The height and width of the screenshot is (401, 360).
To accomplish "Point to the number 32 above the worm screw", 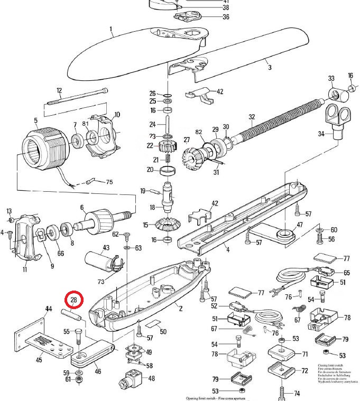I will pos(252,117).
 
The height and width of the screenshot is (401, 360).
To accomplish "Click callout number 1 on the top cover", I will pos(112,29).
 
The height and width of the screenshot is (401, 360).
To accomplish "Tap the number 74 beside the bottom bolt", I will pos(297,394).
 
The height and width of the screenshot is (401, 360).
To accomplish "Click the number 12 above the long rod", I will pos(59,90).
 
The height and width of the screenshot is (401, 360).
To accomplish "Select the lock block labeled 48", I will pos(133,379).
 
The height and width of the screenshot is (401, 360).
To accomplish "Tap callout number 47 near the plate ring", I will pos(299,225).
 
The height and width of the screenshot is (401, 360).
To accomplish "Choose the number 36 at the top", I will pos(211,17).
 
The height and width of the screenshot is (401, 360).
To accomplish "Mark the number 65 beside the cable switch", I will pos(347,273).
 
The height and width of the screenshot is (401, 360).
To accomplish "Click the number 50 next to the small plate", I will pos(163,332).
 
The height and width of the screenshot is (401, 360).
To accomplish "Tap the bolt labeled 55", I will pos(78,338).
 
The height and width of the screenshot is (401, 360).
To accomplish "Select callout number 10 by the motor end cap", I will pos(117,114).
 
